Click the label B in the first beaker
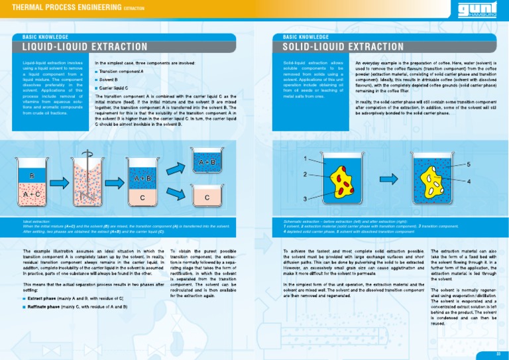(x=31, y=175)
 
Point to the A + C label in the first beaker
(x=31, y=194)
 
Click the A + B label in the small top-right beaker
(x=207, y=162)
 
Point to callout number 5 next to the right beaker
(x=469, y=163)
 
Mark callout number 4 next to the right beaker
(x=469, y=180)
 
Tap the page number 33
(x=498, y=353)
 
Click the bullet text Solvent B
(x=108, y=79)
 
